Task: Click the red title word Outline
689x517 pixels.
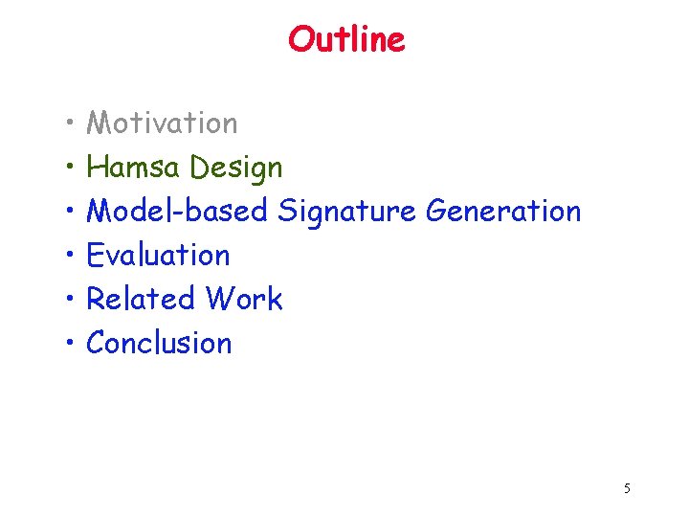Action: (346, 39)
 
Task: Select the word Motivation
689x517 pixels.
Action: (162, 123)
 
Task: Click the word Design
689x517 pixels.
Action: (236, 169)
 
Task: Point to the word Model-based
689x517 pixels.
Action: (177, 211)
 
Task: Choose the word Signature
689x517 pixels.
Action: (347, 212)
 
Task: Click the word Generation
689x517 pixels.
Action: (503, 211)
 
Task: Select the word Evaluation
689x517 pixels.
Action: (158, 255)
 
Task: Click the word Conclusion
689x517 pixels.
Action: (159, 343)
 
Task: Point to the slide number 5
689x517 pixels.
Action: (627, 488)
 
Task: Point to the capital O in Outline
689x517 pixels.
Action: (300, 39)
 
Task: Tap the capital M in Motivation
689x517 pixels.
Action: (99, 123)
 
